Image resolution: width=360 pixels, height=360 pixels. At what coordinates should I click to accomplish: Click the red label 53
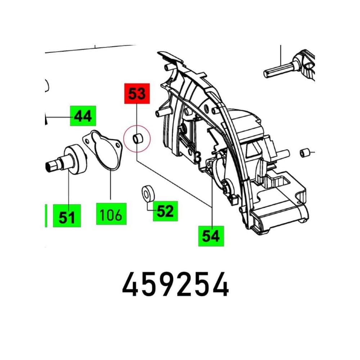(x=137, y=94)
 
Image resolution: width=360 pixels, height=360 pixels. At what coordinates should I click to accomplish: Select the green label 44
(x=83, y=116)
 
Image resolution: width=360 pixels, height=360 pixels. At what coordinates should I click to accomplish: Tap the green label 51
(x=67, y=216)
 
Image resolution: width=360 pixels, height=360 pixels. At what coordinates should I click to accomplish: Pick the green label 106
(x=111, y=214)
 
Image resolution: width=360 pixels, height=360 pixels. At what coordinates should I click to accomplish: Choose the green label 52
(x=165, y=211)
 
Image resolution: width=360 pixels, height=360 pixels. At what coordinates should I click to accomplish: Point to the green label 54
(x=211, y=236)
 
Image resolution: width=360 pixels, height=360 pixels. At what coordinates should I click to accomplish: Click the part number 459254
(x=176, y=284)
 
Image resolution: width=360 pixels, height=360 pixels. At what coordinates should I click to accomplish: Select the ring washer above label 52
(x=148, y=193)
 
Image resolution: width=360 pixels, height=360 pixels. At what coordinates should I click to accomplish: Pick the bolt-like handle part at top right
(x=289, y=66)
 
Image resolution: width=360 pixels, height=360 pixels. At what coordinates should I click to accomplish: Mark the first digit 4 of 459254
(x=130, y=284)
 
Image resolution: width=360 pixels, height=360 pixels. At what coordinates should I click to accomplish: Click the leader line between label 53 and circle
(x=137, y=114)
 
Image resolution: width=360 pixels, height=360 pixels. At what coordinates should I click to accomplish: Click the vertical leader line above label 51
(x=68, y=187)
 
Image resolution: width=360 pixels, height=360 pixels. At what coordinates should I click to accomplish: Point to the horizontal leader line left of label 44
(x=58, y=117)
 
